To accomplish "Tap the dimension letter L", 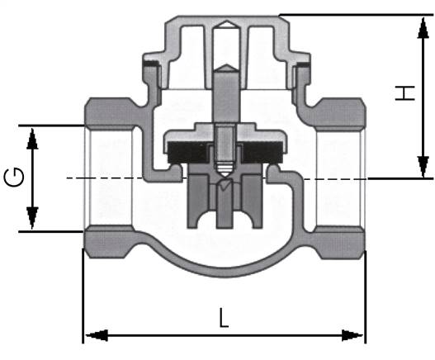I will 224,317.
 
